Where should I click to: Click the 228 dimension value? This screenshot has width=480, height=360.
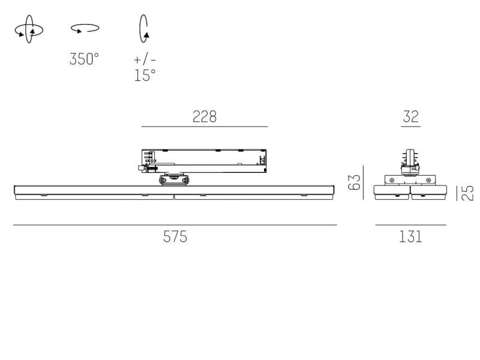tap(204, 116)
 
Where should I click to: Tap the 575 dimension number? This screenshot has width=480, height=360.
tap(175, 236)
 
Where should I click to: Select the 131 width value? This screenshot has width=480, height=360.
tap(410, 236)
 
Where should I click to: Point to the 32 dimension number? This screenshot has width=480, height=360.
tap(410, 116)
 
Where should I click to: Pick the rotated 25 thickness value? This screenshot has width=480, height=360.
tap(468, 193)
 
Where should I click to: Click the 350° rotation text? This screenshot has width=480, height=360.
tap(84, 59)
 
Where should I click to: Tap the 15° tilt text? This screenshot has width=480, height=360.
tap(145, 75)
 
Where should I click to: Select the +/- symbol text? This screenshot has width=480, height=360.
tap(145, 59)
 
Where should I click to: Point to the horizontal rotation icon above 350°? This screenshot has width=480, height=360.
tap(85, 28)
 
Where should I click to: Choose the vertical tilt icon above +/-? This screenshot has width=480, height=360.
tap(144, 29)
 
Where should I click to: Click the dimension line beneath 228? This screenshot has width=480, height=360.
tap(204, 127)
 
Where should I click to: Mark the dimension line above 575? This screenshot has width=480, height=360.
tap(175, 225)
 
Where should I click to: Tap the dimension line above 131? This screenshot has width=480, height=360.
tap(410, 225)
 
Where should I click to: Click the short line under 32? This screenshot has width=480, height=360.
tap(410, 127)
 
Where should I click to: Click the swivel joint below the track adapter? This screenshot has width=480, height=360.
tap(174, 179)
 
